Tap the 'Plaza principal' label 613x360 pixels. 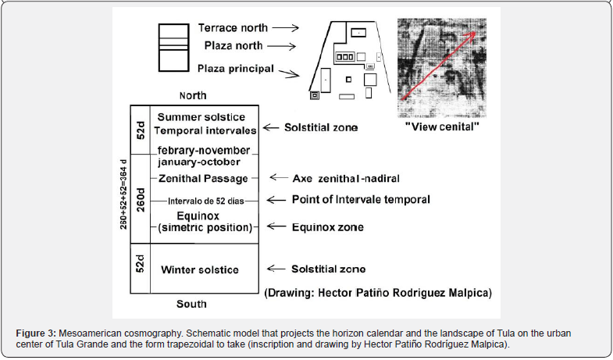235,70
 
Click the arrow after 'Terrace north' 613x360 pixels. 284,27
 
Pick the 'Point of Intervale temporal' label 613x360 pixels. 361,200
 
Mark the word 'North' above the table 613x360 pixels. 192,96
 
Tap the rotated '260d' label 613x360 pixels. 140,200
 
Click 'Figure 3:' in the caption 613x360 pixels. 37,333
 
